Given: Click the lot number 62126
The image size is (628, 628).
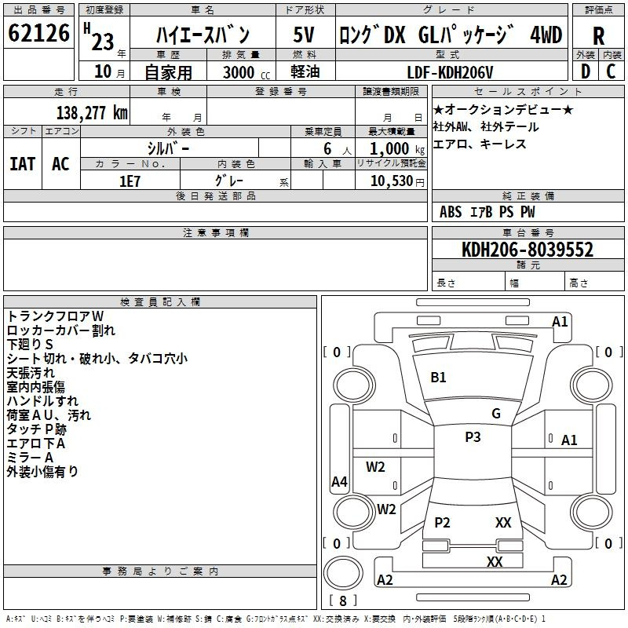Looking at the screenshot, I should (39, 35).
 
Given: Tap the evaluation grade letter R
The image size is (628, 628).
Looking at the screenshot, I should (598, 35).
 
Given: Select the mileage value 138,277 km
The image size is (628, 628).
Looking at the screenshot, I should (92, 113).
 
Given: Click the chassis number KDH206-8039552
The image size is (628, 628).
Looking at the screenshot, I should (528, 250).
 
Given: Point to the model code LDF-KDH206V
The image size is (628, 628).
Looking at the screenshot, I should (451, 72).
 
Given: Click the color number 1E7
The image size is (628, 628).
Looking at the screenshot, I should (130, 181).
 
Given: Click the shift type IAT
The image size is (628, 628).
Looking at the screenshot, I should (22, 164).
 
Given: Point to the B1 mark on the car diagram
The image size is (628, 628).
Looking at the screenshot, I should (438, 378).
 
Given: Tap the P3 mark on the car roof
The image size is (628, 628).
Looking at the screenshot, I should (473, 437).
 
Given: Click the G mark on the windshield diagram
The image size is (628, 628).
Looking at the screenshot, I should (496, 414).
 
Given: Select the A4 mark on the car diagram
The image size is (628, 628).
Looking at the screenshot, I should (339, 482).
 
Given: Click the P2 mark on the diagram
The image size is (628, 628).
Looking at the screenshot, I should (442, 523).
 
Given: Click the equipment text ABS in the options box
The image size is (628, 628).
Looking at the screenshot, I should (451, 212).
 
